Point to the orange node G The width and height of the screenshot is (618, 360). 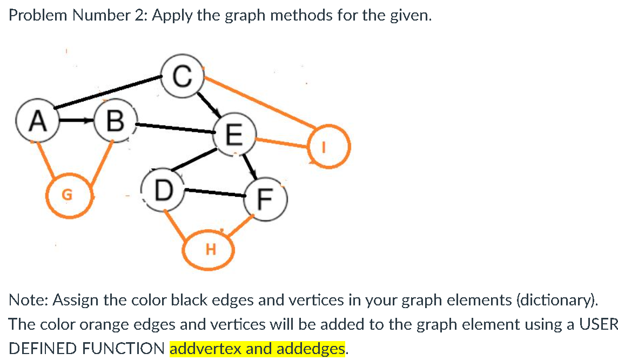click(x=68, y=195)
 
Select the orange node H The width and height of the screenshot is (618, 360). click(x=210, y=250)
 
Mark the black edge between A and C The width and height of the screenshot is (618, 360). click(x=108, y=93)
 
